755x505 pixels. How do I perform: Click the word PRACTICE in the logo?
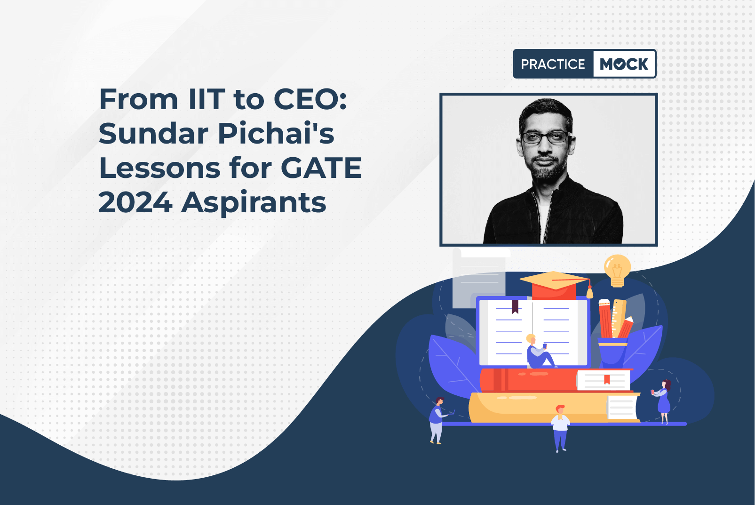pos(553,64)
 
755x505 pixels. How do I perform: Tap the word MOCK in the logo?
pos(624,64)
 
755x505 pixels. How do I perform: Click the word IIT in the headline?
pos(207,99)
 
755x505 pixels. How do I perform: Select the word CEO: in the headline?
pos(310,99)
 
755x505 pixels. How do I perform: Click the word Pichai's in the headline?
pos(276,134)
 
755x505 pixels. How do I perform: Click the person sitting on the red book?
pos(540,352)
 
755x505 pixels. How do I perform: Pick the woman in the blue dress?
pos(663,401)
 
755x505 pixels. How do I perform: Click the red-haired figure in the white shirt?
pos(560,428)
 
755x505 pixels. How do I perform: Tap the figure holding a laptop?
pos(438,420)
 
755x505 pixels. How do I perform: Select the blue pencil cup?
pos(612,353)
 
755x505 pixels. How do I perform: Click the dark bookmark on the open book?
pos(515,306)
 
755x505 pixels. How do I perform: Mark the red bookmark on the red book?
pos(607,380)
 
